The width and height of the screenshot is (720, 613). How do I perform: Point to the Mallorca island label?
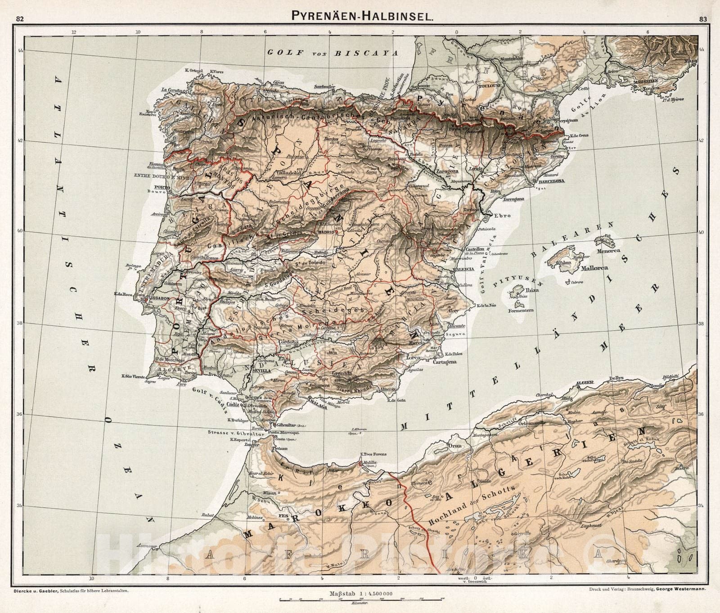coord(594,268)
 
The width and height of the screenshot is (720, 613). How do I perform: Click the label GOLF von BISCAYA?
coord(333,52)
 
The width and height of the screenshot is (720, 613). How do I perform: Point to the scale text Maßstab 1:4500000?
coord(361,594)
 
